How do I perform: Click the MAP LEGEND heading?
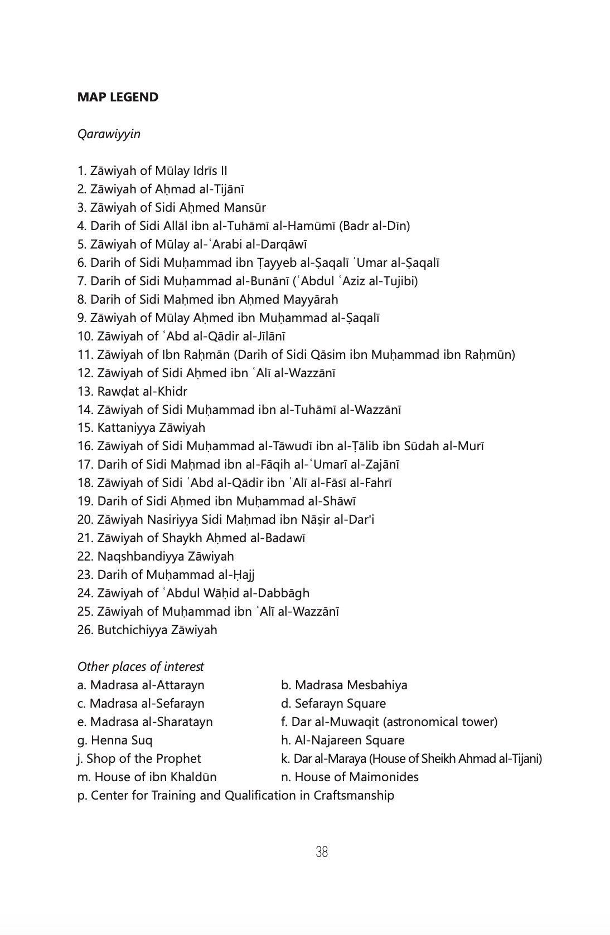pos(118,97)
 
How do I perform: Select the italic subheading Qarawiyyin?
pos(109,134)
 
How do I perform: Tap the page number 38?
pos(322,852)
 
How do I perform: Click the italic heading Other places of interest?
pos(141,666)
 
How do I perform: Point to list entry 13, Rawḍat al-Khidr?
pos(132,391)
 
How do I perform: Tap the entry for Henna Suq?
pos(115,740)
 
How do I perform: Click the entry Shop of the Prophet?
pos(139,758)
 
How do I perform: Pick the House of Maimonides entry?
pos(350,777)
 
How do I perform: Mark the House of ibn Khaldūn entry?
pos(147,777)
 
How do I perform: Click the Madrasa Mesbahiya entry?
pos(344,685)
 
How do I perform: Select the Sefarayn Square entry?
pos(333,703)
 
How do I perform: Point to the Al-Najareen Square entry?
pos(342,740)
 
